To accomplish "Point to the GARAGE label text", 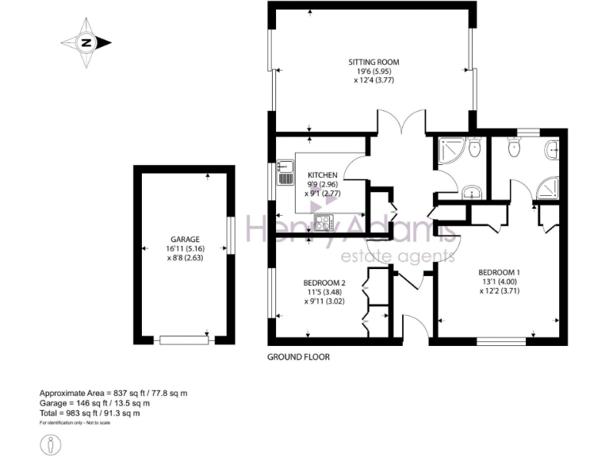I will coord(184,239).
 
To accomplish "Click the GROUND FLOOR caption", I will coord(297,357).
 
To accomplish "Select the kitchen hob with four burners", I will coord(324,223).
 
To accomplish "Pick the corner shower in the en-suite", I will coord(547,187).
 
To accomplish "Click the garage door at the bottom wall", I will coord(184,340).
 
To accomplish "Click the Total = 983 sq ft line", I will coord(90,413).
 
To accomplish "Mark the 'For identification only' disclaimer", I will coord(75,423).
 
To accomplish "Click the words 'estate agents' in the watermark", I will coord(397,255).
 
